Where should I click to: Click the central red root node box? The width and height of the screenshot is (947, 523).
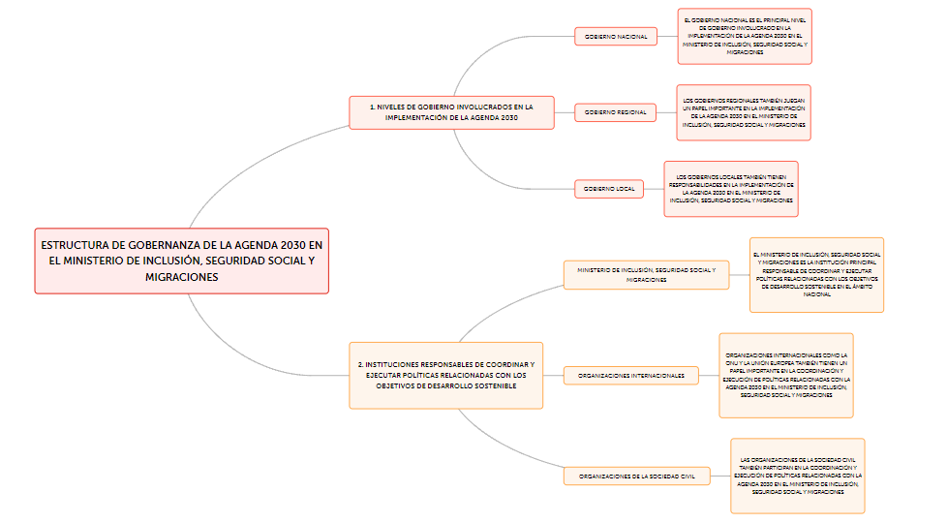tap(182, 261)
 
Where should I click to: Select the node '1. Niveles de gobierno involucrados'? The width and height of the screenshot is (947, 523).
tap(451, 112)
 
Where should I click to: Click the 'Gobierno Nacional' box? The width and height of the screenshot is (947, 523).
tap(616, 37)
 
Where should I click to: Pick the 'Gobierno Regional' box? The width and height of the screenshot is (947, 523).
tap(616, 112)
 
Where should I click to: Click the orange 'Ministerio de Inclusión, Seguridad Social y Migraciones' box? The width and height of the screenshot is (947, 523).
tap(646, 274)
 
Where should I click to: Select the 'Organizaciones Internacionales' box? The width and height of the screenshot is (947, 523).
tap(631, 375)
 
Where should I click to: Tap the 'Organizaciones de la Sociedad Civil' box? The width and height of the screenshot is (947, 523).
tap(637, 477)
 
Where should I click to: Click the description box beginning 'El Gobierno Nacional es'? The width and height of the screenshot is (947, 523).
tap(745, 36)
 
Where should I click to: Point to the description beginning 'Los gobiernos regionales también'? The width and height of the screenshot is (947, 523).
tap(743, 112)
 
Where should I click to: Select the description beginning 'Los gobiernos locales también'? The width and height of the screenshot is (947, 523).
tap(731, 188)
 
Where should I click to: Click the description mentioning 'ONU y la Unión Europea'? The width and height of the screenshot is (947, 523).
tap(786, 375)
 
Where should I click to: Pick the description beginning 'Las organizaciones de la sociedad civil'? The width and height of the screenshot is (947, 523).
tap(797, 476)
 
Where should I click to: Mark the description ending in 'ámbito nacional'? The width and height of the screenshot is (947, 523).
tap(817, 274)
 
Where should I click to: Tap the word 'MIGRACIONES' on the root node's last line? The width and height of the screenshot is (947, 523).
tap(182, 277)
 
